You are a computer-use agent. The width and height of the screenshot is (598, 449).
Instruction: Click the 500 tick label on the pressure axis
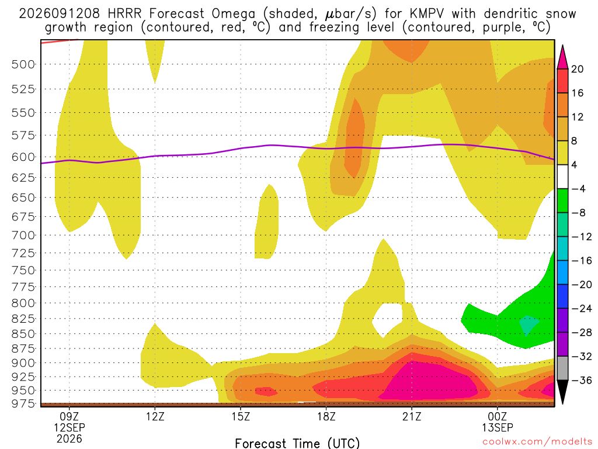23,64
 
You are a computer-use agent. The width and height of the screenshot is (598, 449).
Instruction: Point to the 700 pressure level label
23,235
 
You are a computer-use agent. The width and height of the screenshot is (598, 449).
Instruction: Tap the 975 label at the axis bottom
23,403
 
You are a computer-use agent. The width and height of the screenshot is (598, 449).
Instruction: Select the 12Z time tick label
155,416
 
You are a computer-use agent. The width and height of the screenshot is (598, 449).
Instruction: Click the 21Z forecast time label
412,416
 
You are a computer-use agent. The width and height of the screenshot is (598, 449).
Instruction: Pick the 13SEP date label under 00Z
498,427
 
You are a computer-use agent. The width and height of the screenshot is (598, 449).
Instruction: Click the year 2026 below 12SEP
69,438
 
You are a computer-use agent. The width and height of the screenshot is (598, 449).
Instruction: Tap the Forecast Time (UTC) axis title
297,443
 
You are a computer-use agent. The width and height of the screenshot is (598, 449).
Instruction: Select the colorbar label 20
577,69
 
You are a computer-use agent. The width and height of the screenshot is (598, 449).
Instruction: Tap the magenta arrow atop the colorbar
562,57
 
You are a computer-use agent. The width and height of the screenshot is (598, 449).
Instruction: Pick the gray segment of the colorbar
562,368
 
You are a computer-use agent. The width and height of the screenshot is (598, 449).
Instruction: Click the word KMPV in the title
427,14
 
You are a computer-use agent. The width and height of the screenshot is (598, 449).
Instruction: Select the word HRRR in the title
124,14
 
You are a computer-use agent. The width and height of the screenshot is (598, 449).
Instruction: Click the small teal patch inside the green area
529,324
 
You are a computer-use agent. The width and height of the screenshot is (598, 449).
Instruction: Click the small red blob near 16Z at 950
266,391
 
